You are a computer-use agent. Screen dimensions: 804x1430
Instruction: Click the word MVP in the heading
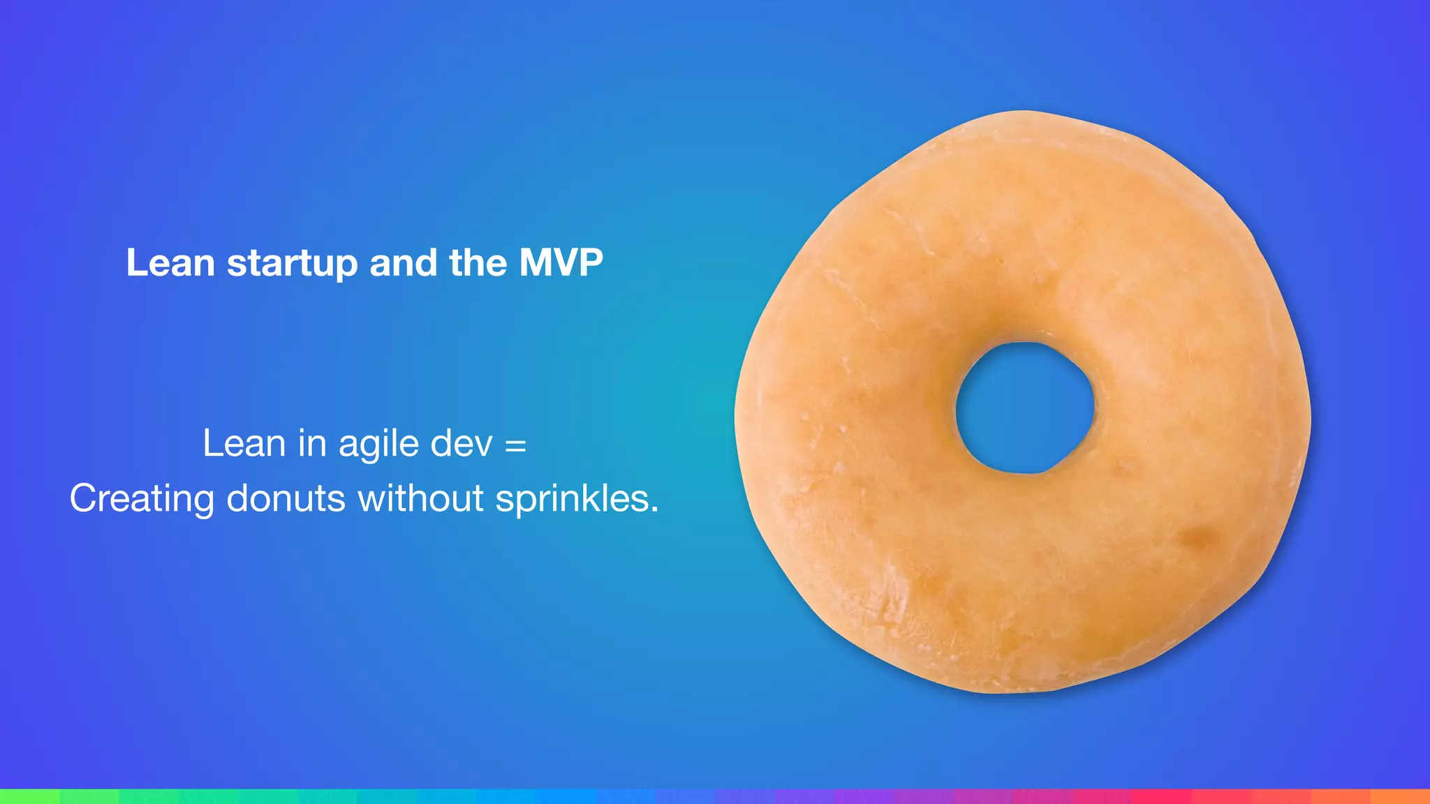561,263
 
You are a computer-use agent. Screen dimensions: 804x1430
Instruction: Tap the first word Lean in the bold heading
170,263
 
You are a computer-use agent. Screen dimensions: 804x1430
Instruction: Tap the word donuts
286,498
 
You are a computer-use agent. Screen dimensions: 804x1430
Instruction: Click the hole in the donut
1024,408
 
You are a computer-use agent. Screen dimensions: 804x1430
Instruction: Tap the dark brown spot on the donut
1197,537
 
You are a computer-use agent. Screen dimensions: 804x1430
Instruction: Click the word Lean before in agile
244,444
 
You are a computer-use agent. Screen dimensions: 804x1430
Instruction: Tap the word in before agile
312,444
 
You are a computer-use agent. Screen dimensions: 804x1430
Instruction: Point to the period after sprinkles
655,510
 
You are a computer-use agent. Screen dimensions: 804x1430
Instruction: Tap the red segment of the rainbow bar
1159,796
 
